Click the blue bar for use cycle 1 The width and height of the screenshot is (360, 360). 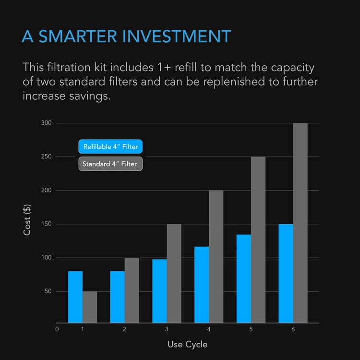[75, 297]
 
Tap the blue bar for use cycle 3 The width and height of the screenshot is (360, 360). [159, 291]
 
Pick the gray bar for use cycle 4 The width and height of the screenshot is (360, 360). [216, 256]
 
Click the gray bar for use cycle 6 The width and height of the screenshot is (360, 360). [300, 223]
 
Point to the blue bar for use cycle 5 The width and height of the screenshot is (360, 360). [244, 278]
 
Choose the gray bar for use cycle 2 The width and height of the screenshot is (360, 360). [132, 290]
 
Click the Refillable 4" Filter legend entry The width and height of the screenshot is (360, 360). [111, 147]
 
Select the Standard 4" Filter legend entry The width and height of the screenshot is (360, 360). [110, 164]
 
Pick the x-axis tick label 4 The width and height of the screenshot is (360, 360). [209, 329]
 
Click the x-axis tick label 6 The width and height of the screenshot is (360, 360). [293, 329]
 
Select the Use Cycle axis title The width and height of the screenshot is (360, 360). [187, 344]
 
